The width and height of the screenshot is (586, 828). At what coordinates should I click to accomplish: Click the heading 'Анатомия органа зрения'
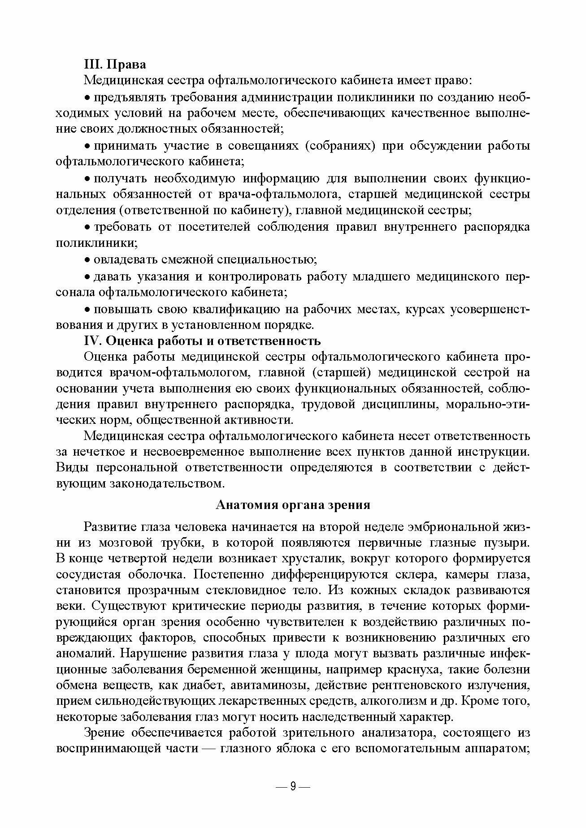point(293,505)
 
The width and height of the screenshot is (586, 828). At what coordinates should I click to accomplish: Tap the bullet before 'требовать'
point(88,228)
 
